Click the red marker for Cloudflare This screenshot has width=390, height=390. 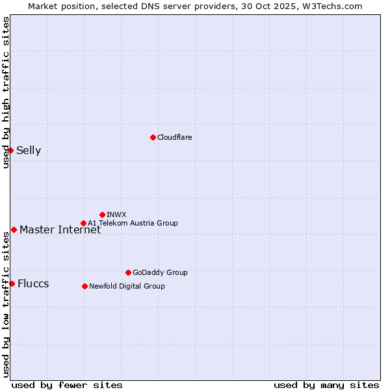click(x=153, y=137)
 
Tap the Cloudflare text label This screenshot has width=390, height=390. click(x=175, y=137)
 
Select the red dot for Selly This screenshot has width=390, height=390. click(x=10, y=150)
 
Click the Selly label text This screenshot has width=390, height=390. click(x=29, y=151)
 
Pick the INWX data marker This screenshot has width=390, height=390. click(x=102, y=214)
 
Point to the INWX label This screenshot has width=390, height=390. click(x=116, y=214)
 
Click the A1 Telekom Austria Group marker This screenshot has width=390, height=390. click(x=83, y=223)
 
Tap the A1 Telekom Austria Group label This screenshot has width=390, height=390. click(x=133, y=223)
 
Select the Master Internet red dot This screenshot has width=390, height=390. click(x=14, y=229)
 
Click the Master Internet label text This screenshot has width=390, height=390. click(x=60, y=229)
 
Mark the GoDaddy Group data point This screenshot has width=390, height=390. click(x=128, y=272)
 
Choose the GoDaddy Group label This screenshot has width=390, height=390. click(x=160, y=272)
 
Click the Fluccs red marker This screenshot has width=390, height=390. click(x=12, y=283)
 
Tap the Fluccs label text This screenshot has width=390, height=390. click(x=33, y=284)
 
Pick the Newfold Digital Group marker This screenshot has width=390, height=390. click(x=84, y=286)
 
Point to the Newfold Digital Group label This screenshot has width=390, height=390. click(x=127, y=286)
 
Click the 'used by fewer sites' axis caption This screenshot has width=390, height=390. click(x=67, y=385)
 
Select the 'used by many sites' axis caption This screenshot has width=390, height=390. click(x=326, y=385)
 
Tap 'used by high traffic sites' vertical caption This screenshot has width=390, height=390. click(x=6, y=92)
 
